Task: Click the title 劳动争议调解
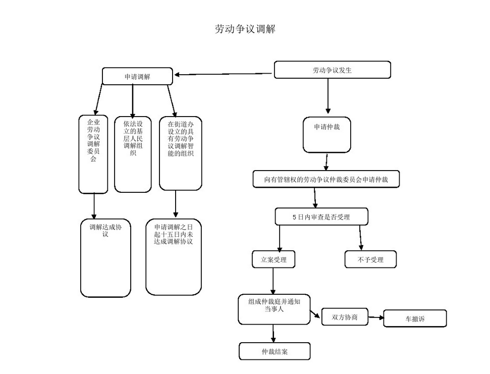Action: tap(245, 29)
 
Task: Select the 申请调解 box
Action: tap(137, 76)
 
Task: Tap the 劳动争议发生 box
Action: tap(332, 70)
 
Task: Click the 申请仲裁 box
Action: tap(327, 135)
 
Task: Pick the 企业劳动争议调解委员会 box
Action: tap(93, 154)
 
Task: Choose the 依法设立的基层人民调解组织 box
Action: tap(133, 154)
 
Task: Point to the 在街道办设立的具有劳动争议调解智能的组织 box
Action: tap(181, 153)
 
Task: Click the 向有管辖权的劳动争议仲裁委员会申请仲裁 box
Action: tap(326, 179)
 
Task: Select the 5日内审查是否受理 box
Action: tap(321, 217)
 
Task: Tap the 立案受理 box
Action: tap(274, 259)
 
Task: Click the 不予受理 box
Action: tap(370, 259)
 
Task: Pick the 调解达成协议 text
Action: tap(105, 231)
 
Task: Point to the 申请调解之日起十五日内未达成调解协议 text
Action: tap(174, 234)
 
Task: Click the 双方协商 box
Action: tap(345, 317)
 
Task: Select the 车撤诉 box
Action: tap(415, 319)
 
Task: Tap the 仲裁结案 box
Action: tap(275, 351)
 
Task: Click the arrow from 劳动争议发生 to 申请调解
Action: tap(224, 75)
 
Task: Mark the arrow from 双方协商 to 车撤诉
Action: tap(376, 318)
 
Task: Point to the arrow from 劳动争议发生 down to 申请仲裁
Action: tap(328, 96)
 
